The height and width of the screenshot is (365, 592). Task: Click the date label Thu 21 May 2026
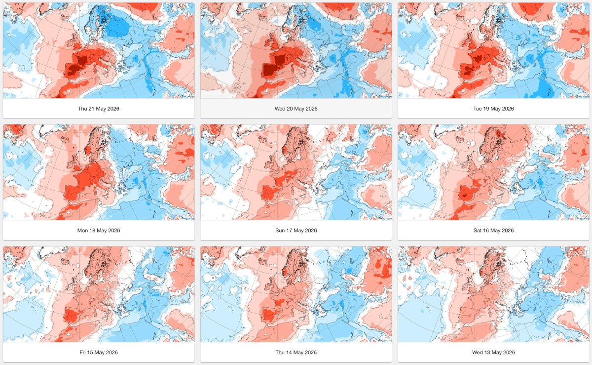[99, 109]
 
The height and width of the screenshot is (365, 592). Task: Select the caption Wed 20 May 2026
[296, 109]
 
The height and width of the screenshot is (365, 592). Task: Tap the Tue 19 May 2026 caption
[493, 109]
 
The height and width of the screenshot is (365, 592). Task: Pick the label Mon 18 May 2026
[99, 230]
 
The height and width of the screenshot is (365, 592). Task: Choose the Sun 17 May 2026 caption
[296, 230]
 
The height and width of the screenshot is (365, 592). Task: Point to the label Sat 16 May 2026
[493, 230]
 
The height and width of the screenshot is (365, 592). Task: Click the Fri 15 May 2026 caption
[99, 352]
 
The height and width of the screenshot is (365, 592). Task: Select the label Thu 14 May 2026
[296, 352]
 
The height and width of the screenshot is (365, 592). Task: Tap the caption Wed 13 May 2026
[493, 352]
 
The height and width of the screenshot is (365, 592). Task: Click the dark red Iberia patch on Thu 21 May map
[73, 70]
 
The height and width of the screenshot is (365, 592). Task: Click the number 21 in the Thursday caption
[91, 109]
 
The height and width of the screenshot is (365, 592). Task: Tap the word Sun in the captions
[280, 230]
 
